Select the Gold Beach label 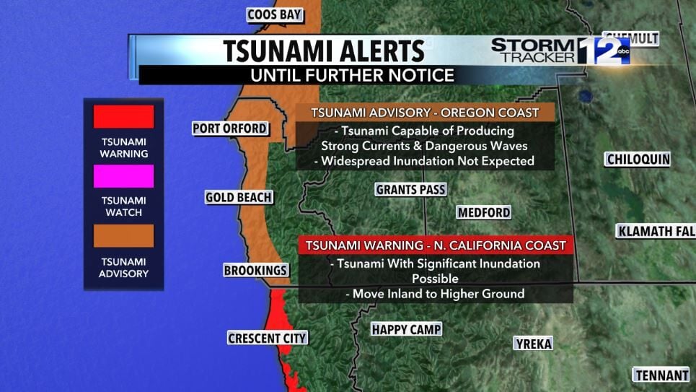coord(238,197)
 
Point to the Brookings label coord(255,270)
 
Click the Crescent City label coord(267,338)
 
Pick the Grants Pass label coord(410,190)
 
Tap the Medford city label coord(484,212)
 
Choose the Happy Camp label coord(406,330)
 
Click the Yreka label coord(534,344)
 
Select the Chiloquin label coord(638,160)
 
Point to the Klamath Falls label coord(655,231)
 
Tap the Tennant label coord(661,375)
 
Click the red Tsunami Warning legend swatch coord(123,117)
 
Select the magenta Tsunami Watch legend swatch coord(123,176)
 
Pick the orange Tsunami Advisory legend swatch coord(123,236)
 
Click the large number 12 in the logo coord(604,51)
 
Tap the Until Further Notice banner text coord(352,75)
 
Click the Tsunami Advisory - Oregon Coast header coord(424,113)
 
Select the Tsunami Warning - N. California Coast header coord(435,245)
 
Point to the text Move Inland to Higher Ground coord(434,294)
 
